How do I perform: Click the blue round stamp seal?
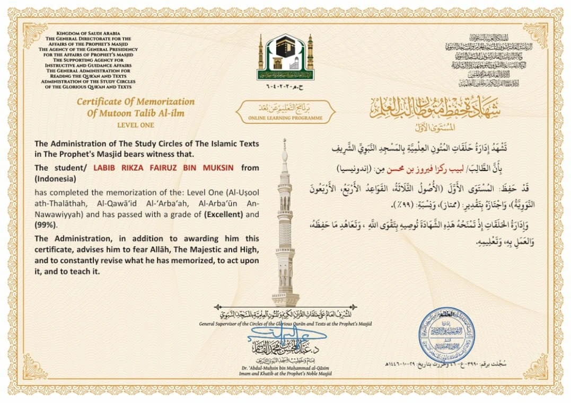446,334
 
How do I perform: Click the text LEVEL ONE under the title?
135,125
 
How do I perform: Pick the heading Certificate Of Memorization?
135,102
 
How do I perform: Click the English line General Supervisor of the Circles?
285,323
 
